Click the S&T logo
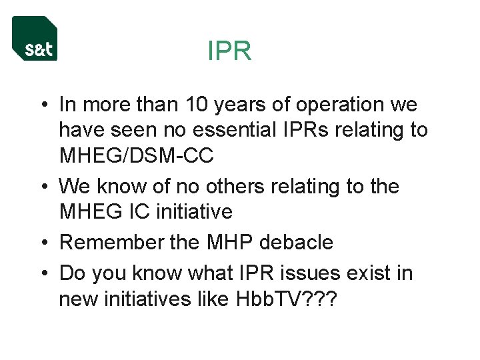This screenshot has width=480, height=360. point(35,39)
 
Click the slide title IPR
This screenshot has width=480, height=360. point(229,51)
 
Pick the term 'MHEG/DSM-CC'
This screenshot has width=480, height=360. point(136,156)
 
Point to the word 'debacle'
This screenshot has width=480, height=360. point(297,242)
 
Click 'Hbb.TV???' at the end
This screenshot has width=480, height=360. point(287,299)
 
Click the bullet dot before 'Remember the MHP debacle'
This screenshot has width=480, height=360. point(42,243)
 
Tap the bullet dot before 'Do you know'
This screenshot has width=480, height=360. point(42,273)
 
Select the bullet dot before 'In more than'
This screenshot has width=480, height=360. point(42,105)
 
